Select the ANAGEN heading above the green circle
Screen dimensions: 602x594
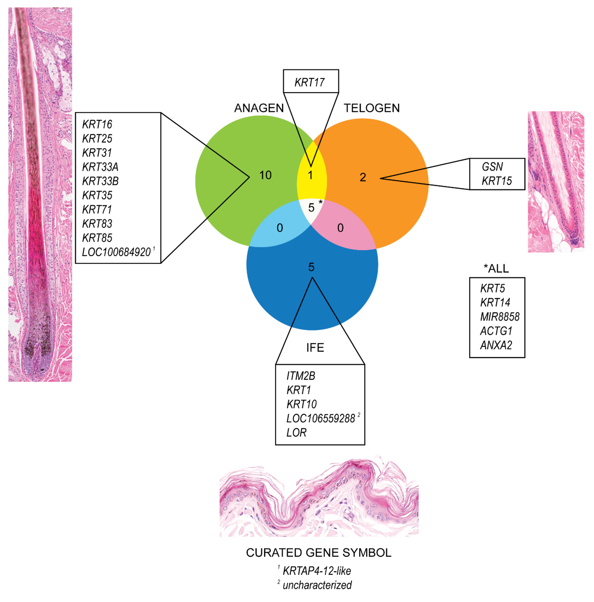click(259, 108)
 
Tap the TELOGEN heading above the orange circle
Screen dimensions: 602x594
click(371, 108)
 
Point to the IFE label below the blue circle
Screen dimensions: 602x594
click(315, 347)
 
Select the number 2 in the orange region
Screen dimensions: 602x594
click(363, 177)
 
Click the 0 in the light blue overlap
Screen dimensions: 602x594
click(280, 228)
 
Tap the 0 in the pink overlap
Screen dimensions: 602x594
click(340, 228)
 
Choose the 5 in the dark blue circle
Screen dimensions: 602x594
click(311, 267)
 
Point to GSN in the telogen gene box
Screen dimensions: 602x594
click(492, 167)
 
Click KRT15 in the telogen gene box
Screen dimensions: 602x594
click(496, 181)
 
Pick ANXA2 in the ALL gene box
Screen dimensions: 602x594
click(496, 345)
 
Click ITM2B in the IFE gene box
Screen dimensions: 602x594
click(301, 376)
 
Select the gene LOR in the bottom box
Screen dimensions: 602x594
click(296, 432)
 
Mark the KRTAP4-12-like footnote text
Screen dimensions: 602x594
click(317, 571)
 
